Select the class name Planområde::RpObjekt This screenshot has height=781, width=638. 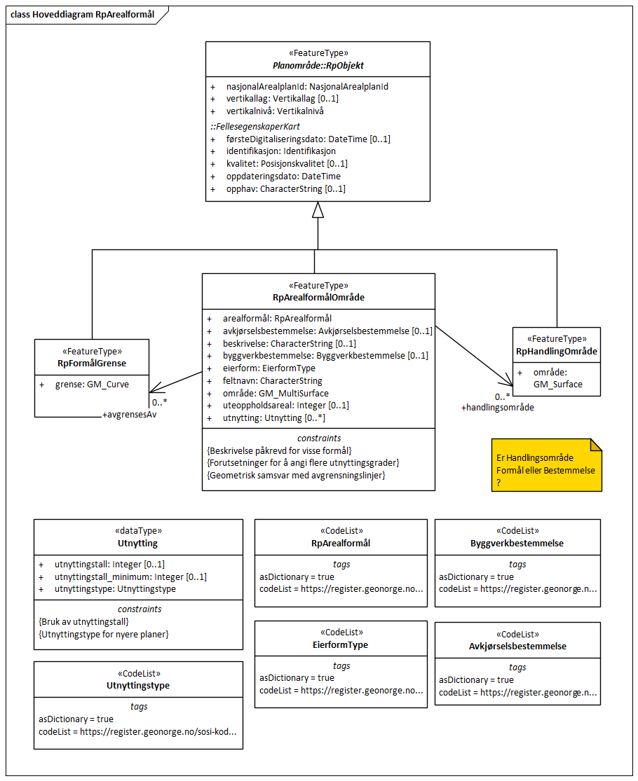click(318, 66)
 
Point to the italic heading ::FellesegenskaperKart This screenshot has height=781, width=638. click(255, 127)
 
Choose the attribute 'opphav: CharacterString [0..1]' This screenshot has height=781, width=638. click(285, 189)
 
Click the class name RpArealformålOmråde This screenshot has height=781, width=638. click(318, 298)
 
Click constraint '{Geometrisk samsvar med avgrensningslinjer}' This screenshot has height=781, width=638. click(297, 476)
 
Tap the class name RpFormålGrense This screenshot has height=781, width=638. click(92, 364)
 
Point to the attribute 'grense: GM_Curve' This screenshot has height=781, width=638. click(92, 385)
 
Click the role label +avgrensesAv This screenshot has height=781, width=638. click(129, 415)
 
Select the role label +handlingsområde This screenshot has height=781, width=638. click(497, 407)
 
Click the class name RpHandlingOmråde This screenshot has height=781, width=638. click(556, 351)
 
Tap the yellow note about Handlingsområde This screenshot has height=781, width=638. click(545, 465)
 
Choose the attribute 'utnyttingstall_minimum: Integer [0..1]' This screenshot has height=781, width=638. click(130, 577)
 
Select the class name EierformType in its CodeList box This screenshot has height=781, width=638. click(341, 644)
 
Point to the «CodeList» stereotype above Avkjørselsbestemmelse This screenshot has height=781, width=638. click(517, 634)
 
